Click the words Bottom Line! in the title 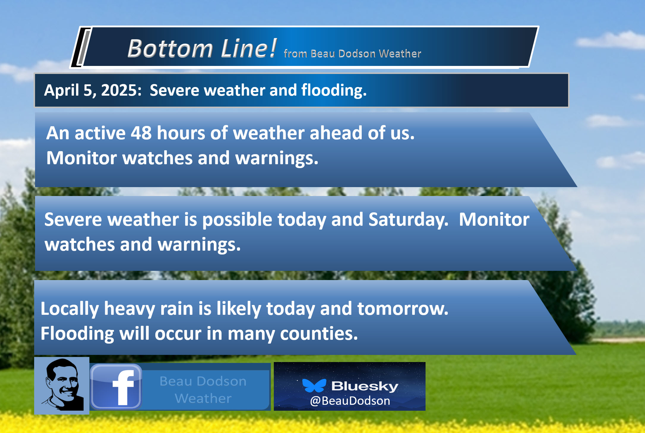click(x=202, y=48)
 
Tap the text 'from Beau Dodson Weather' click(x=352, y=54)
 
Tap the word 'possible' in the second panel click(x=237, y=220)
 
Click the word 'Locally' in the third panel click(x=70, y=309)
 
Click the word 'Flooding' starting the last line click(x=77, y=334)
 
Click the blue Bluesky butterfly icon click(x=314, y=385)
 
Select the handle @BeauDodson click(x=350, y=401)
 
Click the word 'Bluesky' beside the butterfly click(x=365, y=386)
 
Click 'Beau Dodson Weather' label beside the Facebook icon click(x=203, y=390)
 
